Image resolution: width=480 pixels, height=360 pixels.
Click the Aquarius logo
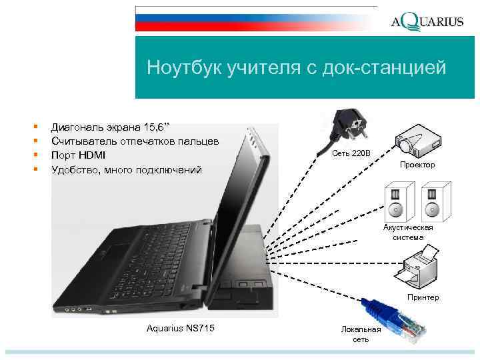(427, 22)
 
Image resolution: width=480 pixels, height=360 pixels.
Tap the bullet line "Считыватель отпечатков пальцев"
(135, 141)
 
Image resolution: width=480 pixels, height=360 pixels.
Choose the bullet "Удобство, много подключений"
(126, 170)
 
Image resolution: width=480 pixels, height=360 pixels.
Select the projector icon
(417, 139)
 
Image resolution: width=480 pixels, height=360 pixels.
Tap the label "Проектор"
(417, 165)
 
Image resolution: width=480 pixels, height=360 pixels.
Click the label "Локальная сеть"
(361, 335)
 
